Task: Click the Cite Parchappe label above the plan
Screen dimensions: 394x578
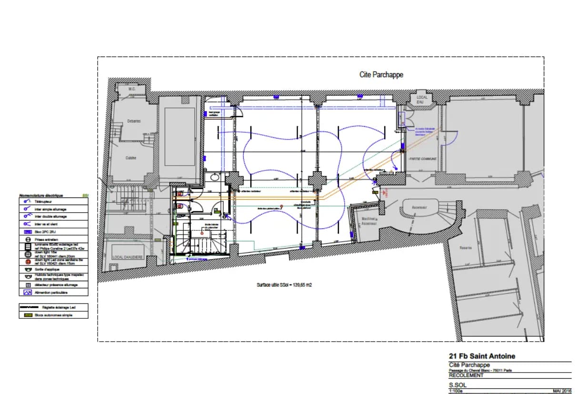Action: pyautogui.click(x=381, y=75)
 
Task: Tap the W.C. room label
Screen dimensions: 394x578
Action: pyautogui.click(x=132, y=89)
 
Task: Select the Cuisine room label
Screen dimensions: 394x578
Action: pyautogui.click(x=131, y=158)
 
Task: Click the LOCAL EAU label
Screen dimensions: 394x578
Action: pyautogui.click(x=422, y=99)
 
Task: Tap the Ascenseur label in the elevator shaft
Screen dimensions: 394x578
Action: pyautogui.click(x=419, y=207)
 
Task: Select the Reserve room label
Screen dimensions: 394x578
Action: pyautogui.click(x=465, y=247)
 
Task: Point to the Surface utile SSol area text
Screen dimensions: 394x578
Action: pyautogui.click(x=284, y=285)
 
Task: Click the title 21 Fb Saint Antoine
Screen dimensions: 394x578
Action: pyautogui.click(x=482, y=356)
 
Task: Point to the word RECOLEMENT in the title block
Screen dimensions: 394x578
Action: pyautogui.click(x=466, y=375)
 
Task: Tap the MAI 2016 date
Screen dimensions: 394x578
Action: pyautogui.click(x=562, y=391)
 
